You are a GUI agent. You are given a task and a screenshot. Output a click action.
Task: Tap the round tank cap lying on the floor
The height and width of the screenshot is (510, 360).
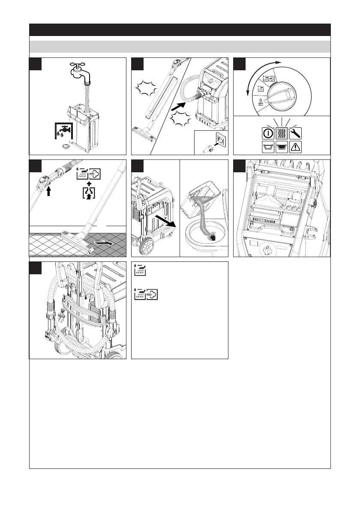(66, 147)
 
